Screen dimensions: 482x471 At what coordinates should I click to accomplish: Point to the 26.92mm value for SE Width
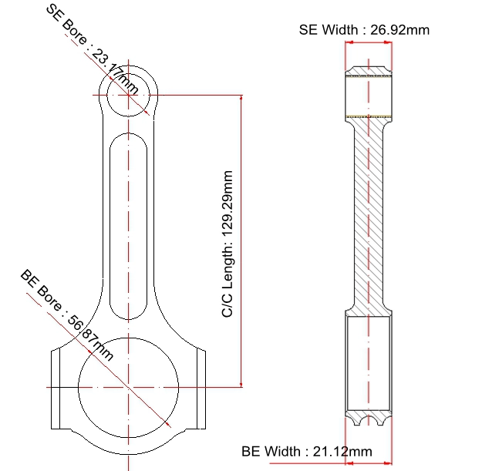click(x=399, y=30)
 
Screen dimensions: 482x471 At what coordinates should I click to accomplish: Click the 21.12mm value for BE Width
click(x=342, y=451)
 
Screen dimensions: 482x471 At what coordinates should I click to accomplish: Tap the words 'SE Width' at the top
click(x=329, y=30)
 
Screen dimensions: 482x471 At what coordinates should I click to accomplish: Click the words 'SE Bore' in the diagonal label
click(x=66, y=25)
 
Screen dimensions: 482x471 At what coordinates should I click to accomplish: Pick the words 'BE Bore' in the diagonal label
click(x=41, y=290)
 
